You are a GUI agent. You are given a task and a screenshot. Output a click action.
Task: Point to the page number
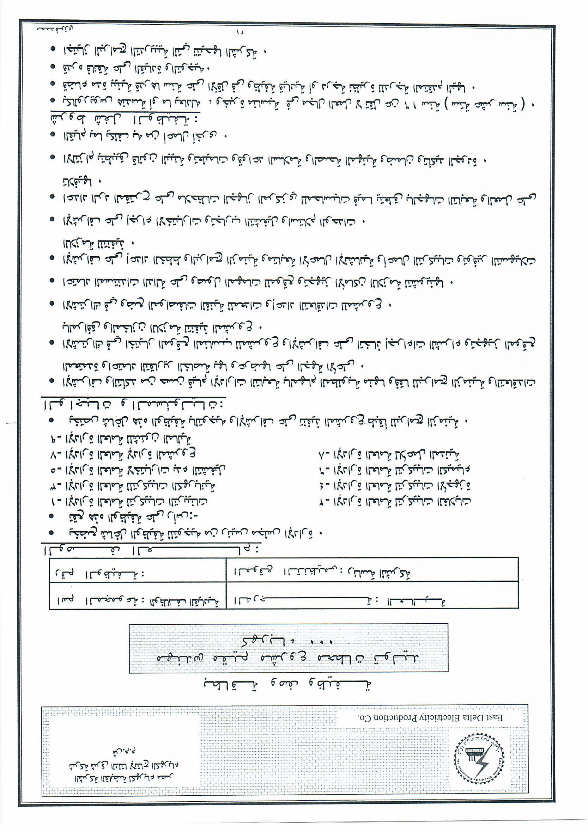point(240,32)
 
